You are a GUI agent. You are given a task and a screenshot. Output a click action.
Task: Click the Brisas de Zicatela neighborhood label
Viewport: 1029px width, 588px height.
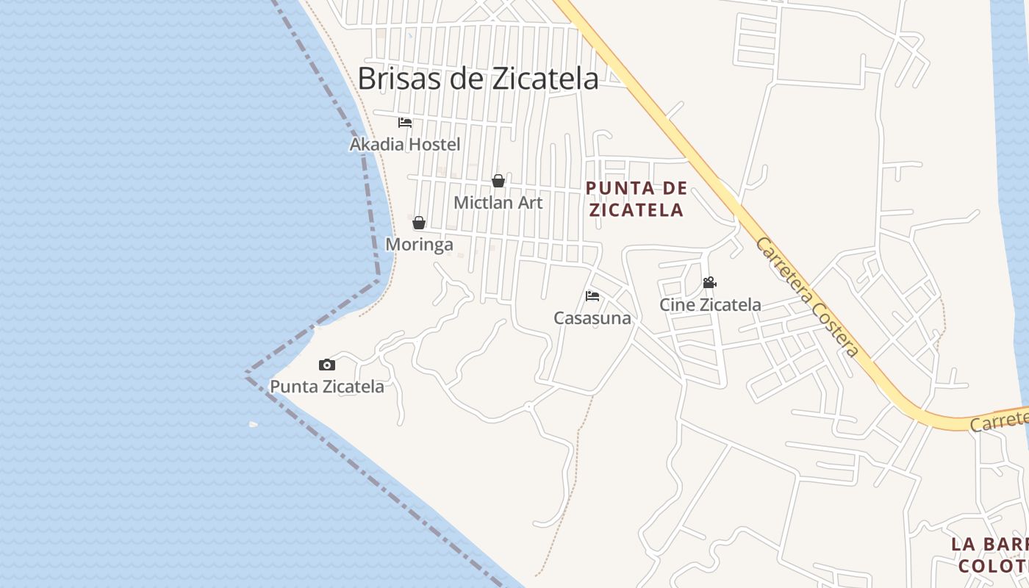478,78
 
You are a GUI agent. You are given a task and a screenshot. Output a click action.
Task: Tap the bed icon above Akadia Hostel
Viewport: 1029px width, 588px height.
405,123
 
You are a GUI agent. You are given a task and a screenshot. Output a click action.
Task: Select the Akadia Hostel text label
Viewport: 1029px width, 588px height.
405,144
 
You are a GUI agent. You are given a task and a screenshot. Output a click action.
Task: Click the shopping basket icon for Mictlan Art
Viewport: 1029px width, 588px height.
498,181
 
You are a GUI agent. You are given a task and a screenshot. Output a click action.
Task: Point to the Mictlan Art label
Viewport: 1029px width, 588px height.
498,202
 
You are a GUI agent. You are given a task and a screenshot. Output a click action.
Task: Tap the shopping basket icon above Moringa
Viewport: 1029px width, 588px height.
419,223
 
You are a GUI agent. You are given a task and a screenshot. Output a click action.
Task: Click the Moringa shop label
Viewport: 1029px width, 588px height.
420,244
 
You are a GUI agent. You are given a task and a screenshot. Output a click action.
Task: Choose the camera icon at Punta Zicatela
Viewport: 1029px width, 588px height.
327,365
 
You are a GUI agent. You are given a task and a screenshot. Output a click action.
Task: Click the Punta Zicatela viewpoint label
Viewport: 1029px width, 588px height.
327,387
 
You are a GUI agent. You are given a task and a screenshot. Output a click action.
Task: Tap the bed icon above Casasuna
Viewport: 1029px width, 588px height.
592,296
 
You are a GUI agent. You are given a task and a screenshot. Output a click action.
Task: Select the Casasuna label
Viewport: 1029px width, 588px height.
592,318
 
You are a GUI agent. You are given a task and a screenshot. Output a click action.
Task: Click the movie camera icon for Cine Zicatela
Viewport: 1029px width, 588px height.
709,282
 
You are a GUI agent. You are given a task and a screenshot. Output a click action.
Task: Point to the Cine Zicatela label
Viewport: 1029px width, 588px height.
710,304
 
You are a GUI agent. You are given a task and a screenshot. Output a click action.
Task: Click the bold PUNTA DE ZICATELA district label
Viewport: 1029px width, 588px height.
637,199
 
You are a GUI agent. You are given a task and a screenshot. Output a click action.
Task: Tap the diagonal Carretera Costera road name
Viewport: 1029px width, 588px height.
807,297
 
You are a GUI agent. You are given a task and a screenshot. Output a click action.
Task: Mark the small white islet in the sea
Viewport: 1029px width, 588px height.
254,424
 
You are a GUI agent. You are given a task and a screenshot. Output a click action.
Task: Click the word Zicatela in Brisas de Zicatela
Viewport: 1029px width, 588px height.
545,78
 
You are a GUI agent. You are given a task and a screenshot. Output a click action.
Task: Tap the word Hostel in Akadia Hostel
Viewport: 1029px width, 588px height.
434,144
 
